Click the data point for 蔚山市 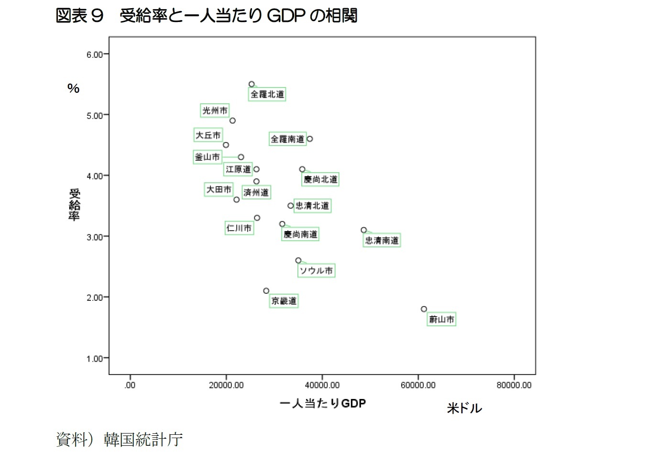click(x=424, y=309)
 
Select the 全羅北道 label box click(x=267, y=94)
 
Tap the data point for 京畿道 click(x=266, y=291)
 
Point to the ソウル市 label click(x=316, y=271)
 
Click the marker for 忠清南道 click(x=363, y=230)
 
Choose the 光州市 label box click(x=215, y=110)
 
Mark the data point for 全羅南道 click(x=310, y=139)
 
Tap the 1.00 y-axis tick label click(x=95, y=359)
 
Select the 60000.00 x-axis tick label click(x=418, y=385)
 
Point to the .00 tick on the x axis click(x=130, y=385)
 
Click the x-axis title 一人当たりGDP click(x=323, y=403)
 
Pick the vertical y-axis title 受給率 click(x=74, y=205)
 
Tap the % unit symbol click(x=73, y=88)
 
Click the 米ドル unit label click(x=464, y=408)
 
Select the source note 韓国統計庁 click(x=143, y=439)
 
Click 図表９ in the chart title click(x=79, y=16)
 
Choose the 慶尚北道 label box click(x=320, y=179)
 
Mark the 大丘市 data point click(x=226, y=145)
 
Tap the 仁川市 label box click(x=239, y=228)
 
